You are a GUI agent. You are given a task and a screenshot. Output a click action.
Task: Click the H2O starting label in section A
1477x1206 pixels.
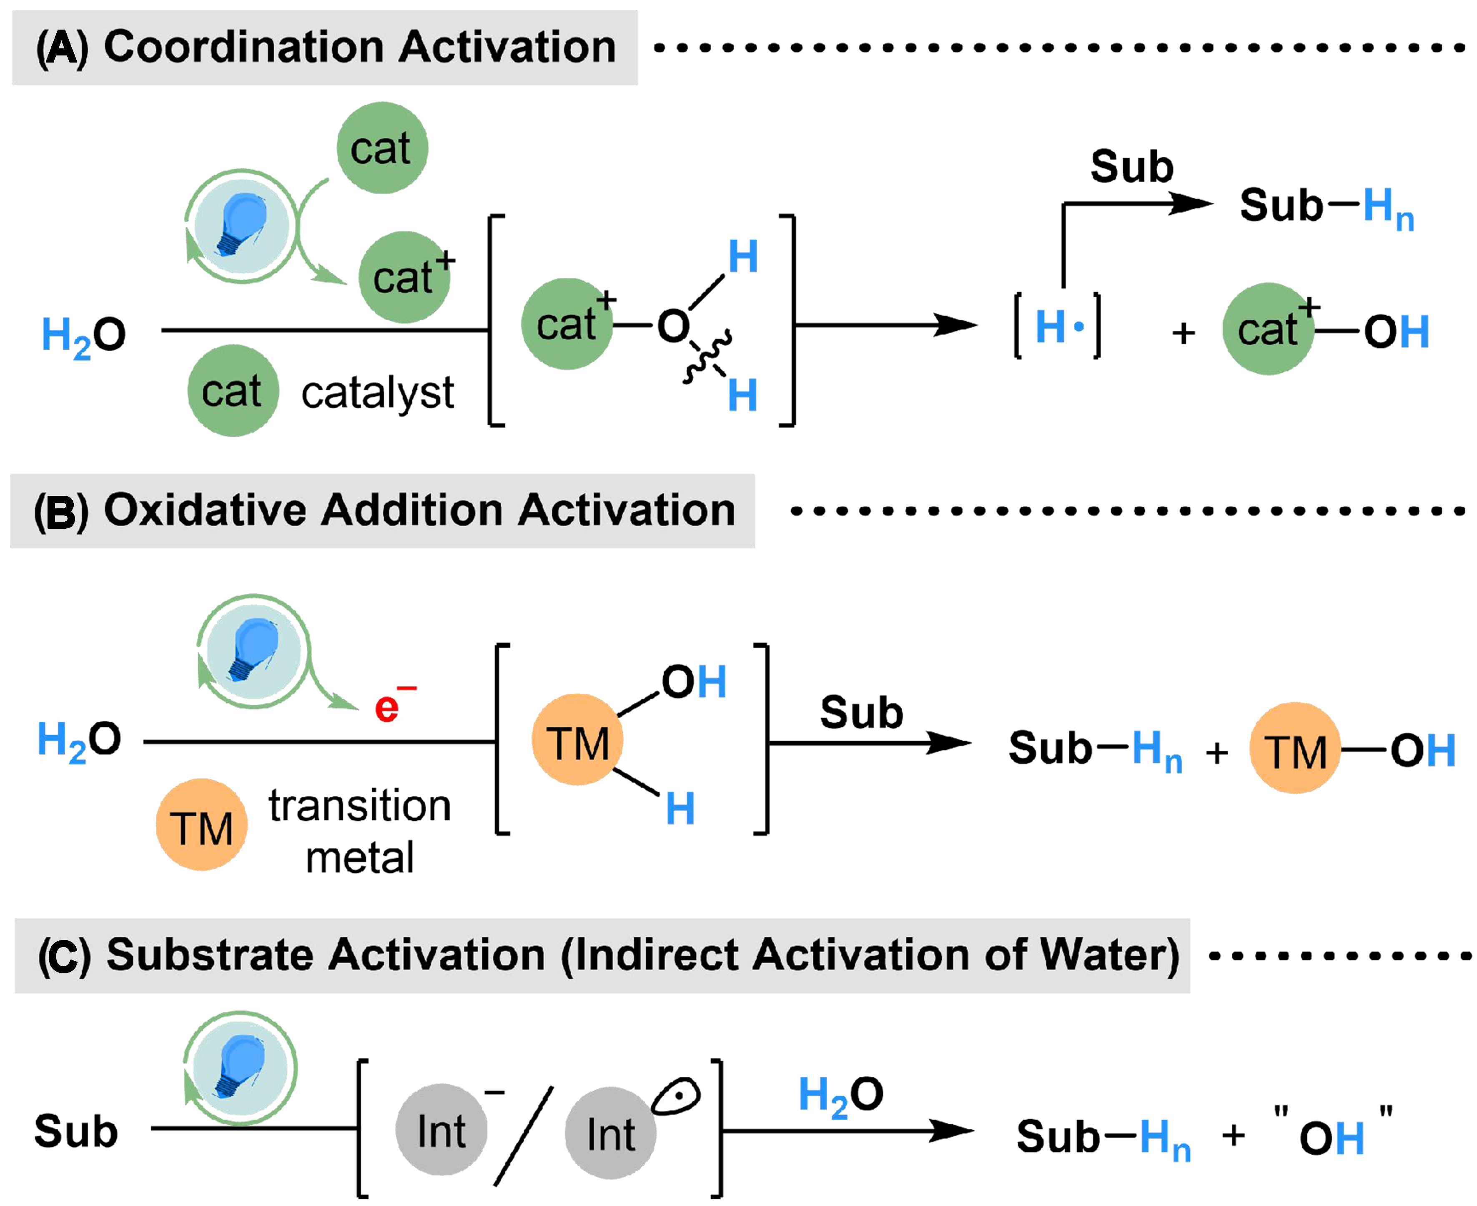click(x=83, y=336)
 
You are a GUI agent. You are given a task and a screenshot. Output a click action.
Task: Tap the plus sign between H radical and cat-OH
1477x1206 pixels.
click(x=1183, y=334)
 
